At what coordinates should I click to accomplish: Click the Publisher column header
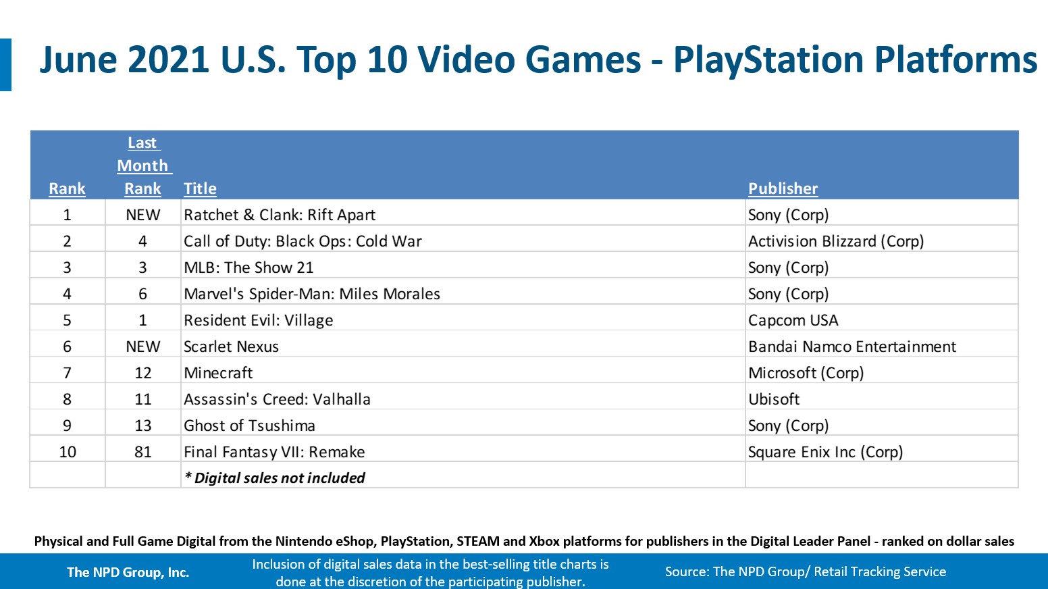[783, 188]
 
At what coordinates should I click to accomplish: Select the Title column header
[200, 188]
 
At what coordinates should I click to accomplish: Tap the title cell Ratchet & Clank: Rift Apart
[280, 215]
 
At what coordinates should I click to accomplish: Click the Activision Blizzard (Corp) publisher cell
[836, 241]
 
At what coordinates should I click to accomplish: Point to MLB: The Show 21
[248, 267]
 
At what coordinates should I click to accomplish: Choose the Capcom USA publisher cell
[793, 320]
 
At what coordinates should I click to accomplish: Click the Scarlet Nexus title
[231, 347]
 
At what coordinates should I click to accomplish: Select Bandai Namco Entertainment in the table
[852, 347]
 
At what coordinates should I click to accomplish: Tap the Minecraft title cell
[218, 373]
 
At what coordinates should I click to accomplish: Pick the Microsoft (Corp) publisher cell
[806, 373]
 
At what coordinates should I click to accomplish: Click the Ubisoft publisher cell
[774, 399]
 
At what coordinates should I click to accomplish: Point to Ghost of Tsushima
[249, 426]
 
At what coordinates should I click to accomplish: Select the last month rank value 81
[143, 452]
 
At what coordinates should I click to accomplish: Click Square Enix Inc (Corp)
[825, 452]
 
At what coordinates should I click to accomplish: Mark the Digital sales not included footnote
[275, 478]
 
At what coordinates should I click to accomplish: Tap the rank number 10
[68, 452]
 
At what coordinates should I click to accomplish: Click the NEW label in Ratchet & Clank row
[143, 215]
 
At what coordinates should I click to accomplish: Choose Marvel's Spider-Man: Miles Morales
[312, 294]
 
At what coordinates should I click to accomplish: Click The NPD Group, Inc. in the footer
[128, 572]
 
